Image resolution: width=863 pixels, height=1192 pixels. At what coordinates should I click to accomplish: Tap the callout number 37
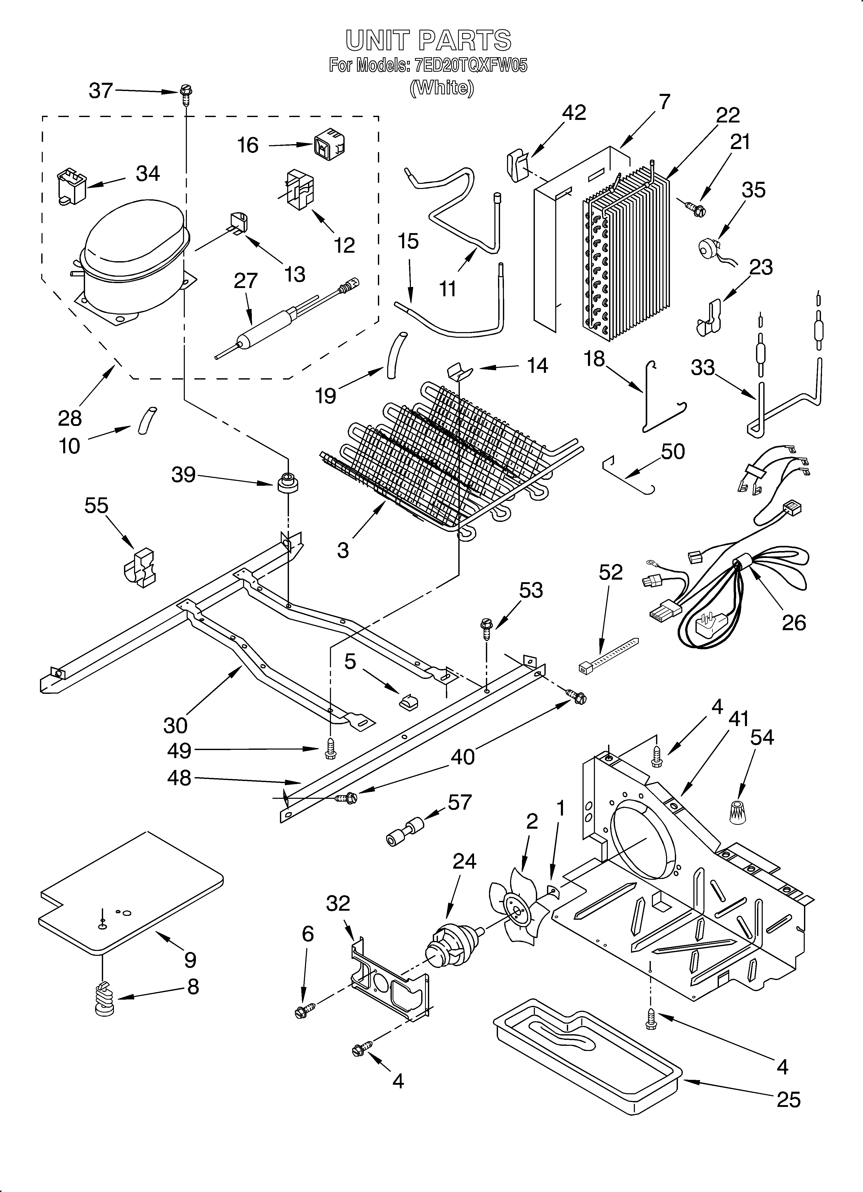point(101,91)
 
